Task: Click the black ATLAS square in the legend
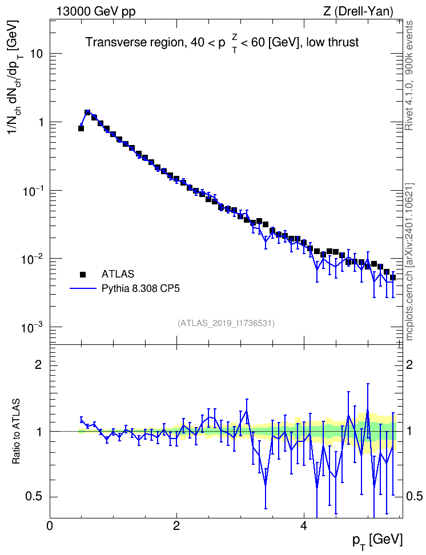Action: tap(83, 274)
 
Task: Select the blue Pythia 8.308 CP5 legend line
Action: tap(83, 289)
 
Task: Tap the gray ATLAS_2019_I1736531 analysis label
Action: tap(226, 323)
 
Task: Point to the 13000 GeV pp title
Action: tap(95, 12)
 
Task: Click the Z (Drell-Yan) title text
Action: tap(358, 11)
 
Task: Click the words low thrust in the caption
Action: tap(332, 42)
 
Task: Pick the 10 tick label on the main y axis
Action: tap(36, 54)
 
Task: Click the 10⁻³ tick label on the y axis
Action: tap(31, 327)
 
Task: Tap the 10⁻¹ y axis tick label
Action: tap(31, 191)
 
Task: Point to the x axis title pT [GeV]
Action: tap(377, 541)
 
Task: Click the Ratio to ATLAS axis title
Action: tap(16, 432)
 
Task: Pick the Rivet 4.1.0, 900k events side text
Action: tap(409, 75)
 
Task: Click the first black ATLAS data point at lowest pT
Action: tap(81, 128)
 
